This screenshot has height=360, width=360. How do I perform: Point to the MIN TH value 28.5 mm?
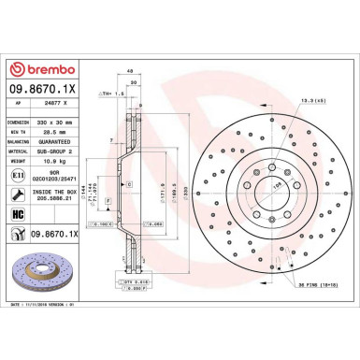pos(60,135)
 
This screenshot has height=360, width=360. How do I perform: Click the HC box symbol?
pos(20,213)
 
